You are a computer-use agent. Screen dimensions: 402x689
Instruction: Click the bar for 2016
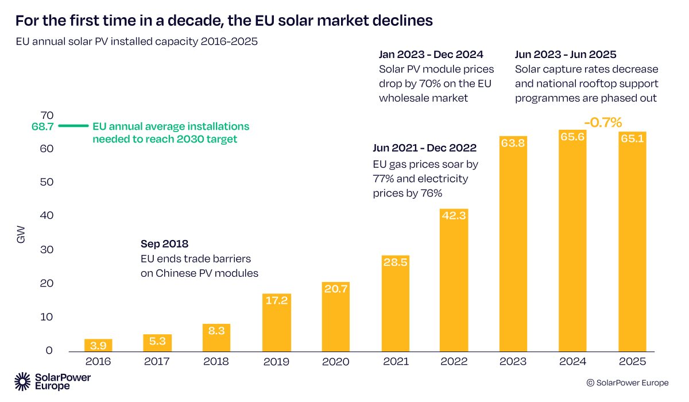(x=98, y=345)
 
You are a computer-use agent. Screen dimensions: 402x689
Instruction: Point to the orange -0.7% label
(x=603, y=122)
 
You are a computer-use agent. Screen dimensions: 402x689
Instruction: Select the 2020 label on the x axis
(x=335, y=362)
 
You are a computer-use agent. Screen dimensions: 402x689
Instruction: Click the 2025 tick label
(x=632, y=362)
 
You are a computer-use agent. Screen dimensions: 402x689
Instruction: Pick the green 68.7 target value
(x=42, y=126)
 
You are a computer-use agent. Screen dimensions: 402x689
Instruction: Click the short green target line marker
(x=74, y=126)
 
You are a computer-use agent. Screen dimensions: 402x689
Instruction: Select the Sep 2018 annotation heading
(x=164, y=243)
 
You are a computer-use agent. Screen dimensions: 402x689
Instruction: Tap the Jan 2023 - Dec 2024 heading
(x=431, y=55)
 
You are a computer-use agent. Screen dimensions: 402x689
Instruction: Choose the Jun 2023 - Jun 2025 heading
(x=566, y=55)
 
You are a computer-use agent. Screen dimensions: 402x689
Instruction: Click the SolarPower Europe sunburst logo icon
(x=23, y=381)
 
